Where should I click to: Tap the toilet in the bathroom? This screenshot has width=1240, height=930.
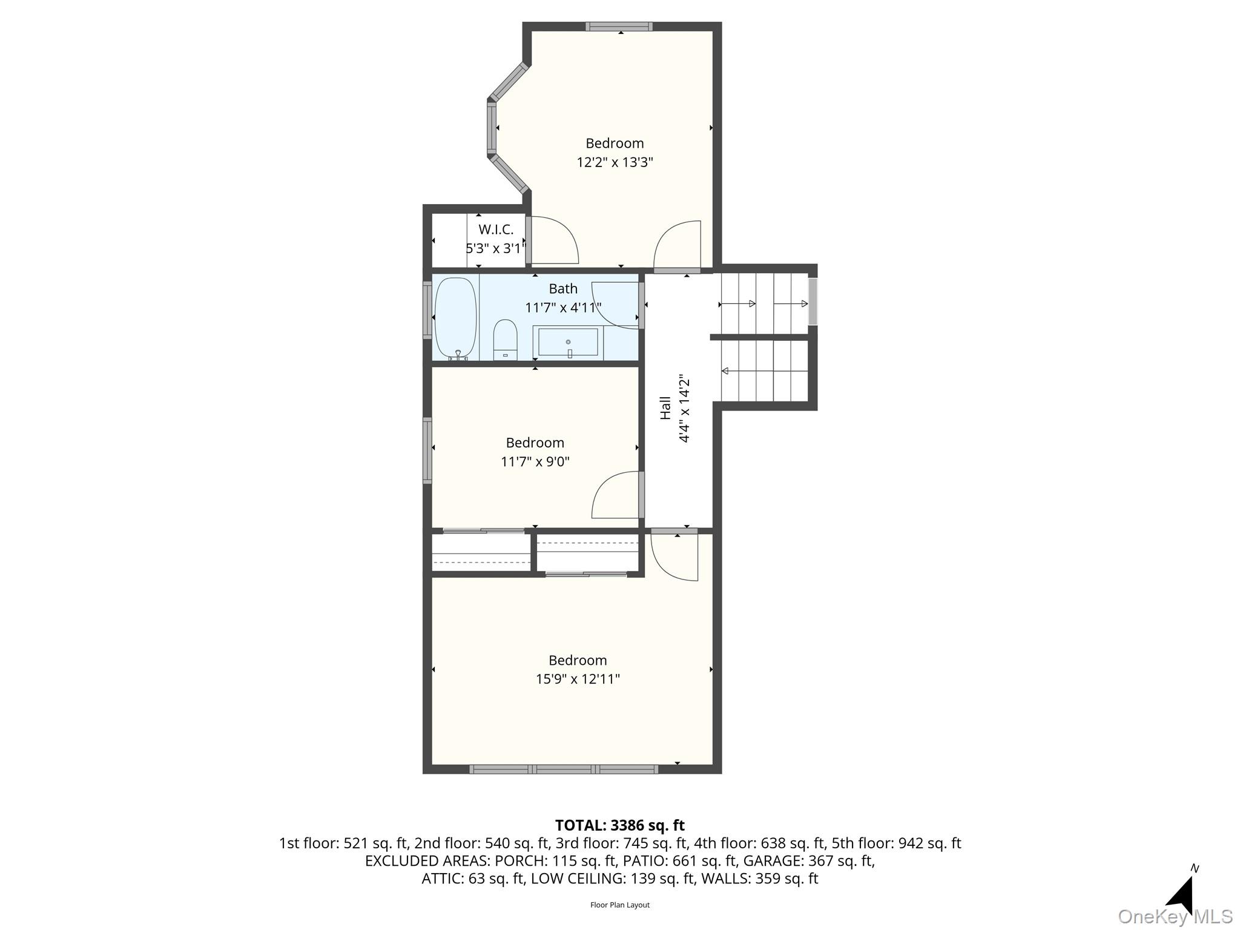tap(505, 340)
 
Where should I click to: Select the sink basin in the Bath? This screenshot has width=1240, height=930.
tap(568, 342)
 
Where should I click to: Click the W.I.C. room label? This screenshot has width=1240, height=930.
tap(496, 229)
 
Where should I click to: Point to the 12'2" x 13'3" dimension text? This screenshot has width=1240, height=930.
tap(615, 162)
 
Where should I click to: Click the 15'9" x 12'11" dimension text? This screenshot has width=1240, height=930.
tap(578, 679)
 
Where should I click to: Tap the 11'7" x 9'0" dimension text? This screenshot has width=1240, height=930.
tap(535, 461)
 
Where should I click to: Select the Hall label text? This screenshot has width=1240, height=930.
tap(665, 408)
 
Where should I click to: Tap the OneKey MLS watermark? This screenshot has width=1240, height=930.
tap(1175, 917)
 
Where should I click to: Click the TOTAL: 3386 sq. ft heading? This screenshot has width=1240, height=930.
tap(620, 825)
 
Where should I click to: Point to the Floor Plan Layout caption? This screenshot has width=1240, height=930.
tap(620, 905)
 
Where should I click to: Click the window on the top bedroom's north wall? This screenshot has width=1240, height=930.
tap(619, 26)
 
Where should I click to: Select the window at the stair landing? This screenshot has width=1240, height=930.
tap(813, 301)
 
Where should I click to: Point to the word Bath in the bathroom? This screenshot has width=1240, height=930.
tap(563, 288)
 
